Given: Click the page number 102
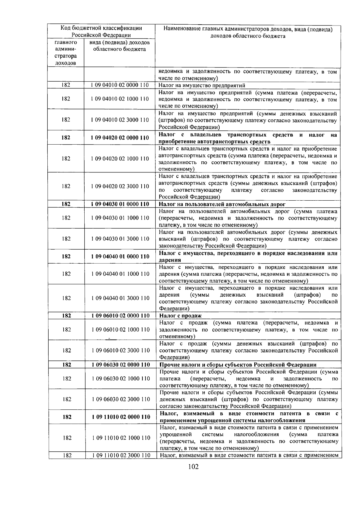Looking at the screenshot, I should (193, 475).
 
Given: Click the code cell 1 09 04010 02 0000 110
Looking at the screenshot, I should (120, 85).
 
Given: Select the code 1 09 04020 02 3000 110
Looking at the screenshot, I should (120, 186).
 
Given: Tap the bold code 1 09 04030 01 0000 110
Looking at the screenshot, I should (120, 204).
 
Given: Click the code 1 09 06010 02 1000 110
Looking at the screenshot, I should (120, 330).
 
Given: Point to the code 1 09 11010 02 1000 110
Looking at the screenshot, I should (120, 438).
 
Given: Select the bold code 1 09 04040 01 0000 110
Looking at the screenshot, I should (120, 256).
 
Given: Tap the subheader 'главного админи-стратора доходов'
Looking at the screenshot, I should (66, 53).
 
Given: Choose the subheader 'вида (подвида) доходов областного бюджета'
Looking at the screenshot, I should (119, 46).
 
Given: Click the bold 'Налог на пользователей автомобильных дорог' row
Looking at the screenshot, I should (222, 204).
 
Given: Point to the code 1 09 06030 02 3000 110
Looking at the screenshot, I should (120, 399).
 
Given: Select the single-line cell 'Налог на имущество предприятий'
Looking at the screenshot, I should (202, 85).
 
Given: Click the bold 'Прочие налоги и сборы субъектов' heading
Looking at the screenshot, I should (238, 365).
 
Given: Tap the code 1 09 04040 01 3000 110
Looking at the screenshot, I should (120, 298).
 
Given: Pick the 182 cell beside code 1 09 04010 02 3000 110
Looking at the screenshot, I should (66, 120).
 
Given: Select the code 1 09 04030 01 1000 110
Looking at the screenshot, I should (120, 218).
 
